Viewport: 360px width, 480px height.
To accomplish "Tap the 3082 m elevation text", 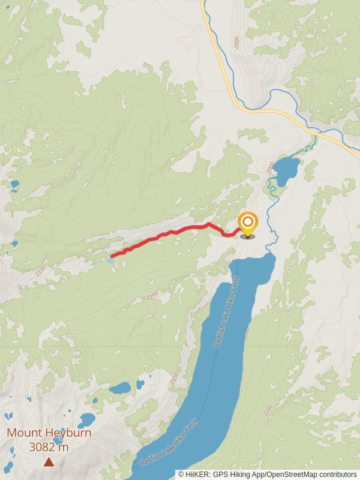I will (x=48, y=447).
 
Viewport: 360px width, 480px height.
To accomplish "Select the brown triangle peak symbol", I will (x=48, y=461).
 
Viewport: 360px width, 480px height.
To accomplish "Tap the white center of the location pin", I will (x=247, y=222).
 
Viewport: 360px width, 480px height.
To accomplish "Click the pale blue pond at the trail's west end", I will (x=109, y=261).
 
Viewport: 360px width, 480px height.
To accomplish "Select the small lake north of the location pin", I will (x=286, y=170).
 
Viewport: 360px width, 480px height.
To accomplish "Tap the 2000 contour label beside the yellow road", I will (x=236, y=43).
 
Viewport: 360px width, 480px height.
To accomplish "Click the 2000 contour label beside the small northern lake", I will (x=269, y=167).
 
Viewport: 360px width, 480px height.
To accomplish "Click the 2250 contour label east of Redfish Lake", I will (x=268, y=411).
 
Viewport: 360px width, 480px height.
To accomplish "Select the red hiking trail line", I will (x=180, y=230).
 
